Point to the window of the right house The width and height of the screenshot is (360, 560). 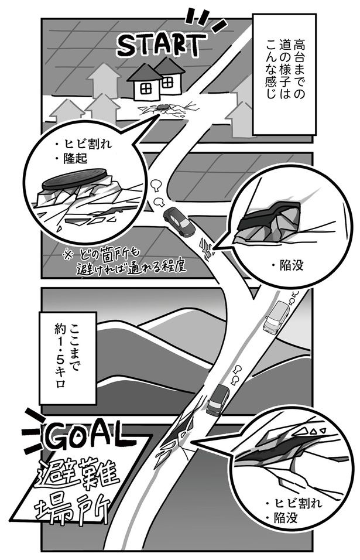pos(169,81)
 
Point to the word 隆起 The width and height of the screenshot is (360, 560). pos(77,159)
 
